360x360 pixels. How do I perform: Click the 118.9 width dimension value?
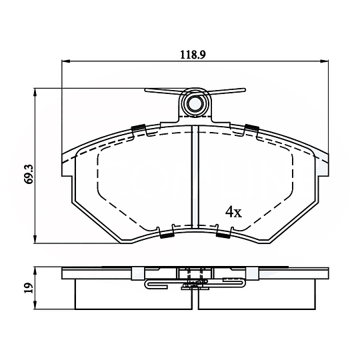(x=193, y=55)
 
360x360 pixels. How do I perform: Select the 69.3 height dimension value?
(x=29, y=175)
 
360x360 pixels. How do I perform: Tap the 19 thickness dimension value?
(x=29, y=288)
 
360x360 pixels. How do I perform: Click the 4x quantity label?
(x=233, y=212)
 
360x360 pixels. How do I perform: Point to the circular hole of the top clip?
(x=195, y=104)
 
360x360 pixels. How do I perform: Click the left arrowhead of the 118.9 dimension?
(x=65, y=61)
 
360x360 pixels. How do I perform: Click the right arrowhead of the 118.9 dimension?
(x=325, y=61)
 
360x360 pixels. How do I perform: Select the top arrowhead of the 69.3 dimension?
(x=35, y=92)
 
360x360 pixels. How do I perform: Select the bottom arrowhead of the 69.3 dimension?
(x=35, y=239)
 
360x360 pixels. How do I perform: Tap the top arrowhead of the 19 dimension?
(x=35, y=271)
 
